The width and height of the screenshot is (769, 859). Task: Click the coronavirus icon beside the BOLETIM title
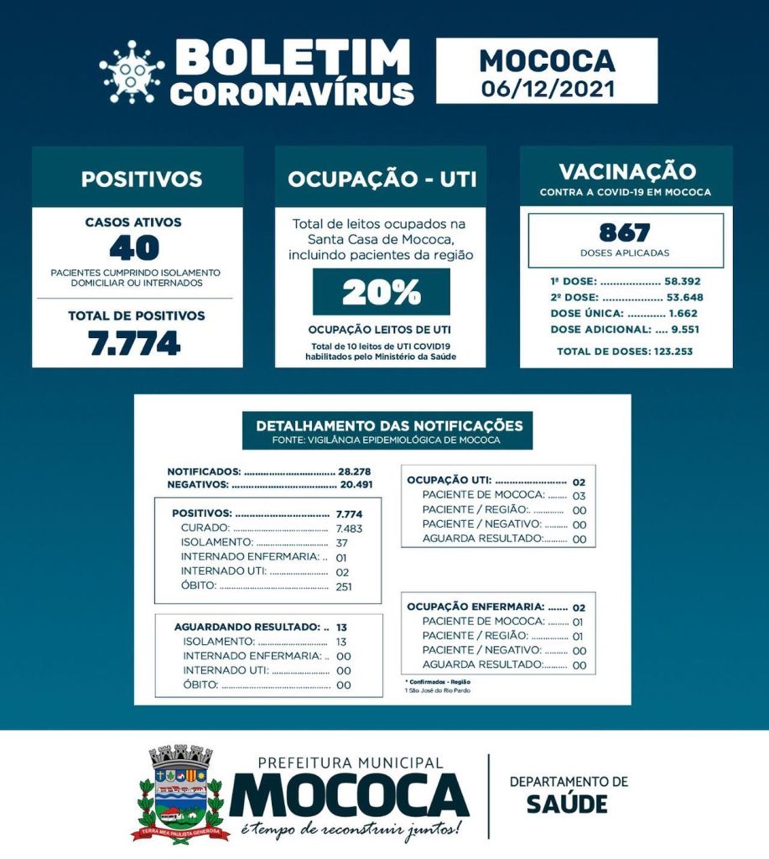pyautogui.click(x=132, y=72)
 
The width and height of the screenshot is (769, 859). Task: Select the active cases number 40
pyautogui.click(x=134, y=247)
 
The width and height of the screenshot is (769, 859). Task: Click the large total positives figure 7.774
pyautogui.click(x=135, y=343)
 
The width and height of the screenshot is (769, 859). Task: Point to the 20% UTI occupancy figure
pyautogui.click(x=381, y=292)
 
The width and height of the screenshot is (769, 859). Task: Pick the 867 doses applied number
pyautogui.click(x=625, y=232)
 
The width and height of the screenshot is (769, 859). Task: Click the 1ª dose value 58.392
pyautogui.click(x=683, y=282)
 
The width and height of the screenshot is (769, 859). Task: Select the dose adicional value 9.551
pyautogui.click(x=685, y=330)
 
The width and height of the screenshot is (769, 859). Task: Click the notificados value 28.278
pyautogui.click(x=356, y=471)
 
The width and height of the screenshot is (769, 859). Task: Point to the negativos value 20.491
pyautogui.click(x=356, y=484)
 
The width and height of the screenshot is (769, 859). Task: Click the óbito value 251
pyautogui.click(x=344, y=586)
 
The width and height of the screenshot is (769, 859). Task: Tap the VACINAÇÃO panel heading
pyautogui.click(x=626, y=172)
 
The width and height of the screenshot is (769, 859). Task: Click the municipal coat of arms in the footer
pyautogui.click(x=179, y=793)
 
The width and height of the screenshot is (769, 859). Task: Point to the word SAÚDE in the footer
pyautogui.click(x=567, y=804)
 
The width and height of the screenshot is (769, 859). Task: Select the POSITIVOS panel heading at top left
pyautogui.click(x=141, y=179)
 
